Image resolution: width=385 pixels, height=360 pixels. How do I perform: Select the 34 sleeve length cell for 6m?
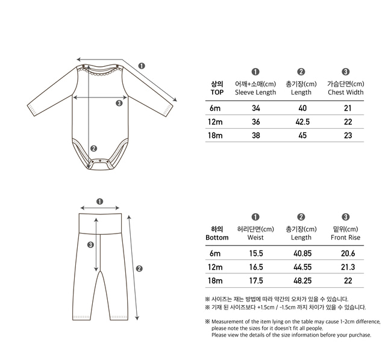tap(255, 108)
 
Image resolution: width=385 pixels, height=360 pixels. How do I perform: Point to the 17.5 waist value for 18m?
tap(255, 281)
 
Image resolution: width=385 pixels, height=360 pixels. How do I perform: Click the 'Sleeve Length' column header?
tap(255, 93)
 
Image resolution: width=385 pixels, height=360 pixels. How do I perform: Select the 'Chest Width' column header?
tap(346, 93)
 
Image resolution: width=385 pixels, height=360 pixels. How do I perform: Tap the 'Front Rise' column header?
tap(346, 238)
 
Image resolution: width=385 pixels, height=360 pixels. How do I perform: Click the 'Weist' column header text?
tap(255, 238)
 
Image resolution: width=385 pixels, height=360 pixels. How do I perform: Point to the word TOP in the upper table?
tap(217, 93)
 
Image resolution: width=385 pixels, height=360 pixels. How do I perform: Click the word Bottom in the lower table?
tap(217, 238)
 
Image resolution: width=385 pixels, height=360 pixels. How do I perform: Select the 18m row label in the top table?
tap(216, 135)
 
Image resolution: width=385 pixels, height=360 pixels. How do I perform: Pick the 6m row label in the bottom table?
tap(216, 255)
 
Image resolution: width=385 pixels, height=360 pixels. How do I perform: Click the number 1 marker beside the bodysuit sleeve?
tap(141, 66)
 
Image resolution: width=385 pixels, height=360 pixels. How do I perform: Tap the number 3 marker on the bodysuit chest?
tap(119, 103)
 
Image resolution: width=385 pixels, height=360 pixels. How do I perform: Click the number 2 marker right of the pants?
tap(139, 268)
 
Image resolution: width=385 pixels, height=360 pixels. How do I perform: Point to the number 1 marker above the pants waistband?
tap(99, 202)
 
